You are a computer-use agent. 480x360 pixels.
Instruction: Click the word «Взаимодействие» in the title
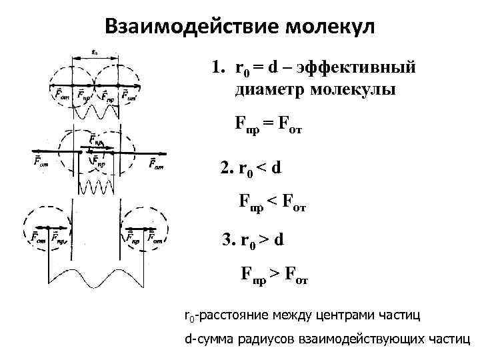pyautogui.click(x=191, y=28)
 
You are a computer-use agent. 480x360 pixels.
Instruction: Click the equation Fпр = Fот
pyautogui.click(x=268, y=125)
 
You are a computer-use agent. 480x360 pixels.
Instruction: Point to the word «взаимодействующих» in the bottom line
pyautogui.click(x=356, y=339)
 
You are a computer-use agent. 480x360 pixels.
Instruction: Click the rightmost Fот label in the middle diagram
pyautogui.click(x=157, y=163)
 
